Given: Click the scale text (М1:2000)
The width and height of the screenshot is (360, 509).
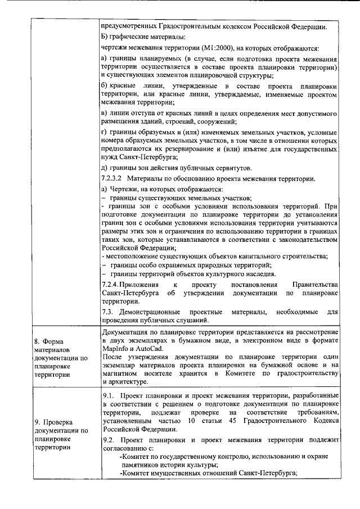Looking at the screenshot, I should [x=191, y=48].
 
